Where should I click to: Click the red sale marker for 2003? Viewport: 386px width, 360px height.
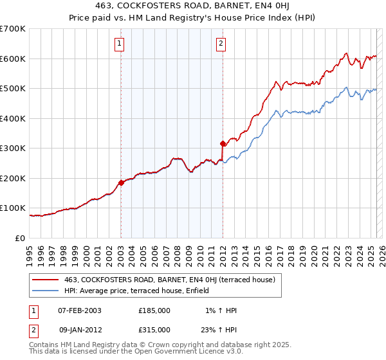pos(121,183)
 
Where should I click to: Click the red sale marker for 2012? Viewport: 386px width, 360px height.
pos(223,143)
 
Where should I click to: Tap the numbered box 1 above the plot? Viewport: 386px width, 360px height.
pos(120,44)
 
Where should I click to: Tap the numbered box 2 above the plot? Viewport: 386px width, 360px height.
pos(221,44)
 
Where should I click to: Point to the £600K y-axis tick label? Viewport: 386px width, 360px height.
pos(13,59)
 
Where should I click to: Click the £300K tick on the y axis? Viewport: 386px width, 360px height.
pos(13,148)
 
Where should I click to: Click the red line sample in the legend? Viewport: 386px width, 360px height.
pos(46,280)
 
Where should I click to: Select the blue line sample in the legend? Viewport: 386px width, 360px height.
pos(46,291)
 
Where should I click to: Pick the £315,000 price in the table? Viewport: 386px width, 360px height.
pos(154,330)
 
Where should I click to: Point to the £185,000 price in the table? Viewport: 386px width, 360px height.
pos(154,310)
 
